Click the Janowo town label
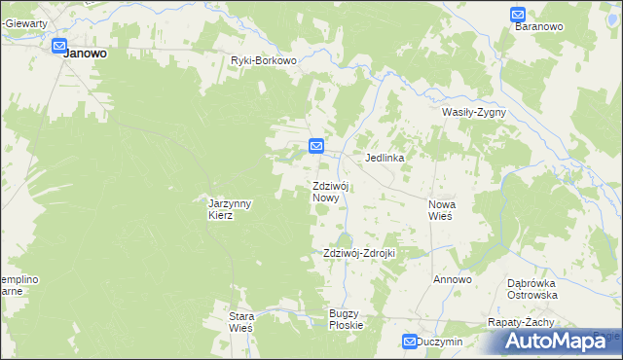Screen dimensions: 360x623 coord(85,54)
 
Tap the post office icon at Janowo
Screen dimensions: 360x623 coord(59,46)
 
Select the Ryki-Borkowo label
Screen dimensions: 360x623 coord(263,60)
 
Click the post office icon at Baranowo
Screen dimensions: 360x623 coord(518,15)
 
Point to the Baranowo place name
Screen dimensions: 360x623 coord(540,27)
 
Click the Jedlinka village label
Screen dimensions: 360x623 coord(385,157)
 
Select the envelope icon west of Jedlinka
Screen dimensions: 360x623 coord(316,146)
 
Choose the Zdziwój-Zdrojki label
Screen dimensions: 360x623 coord(358,253)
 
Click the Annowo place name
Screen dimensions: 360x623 coord(453,279)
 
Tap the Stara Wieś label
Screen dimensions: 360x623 coord(240,322)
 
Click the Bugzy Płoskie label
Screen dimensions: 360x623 coord(346,318)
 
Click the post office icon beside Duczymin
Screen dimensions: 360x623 coord(410,342)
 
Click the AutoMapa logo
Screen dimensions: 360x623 coord(559,340)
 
